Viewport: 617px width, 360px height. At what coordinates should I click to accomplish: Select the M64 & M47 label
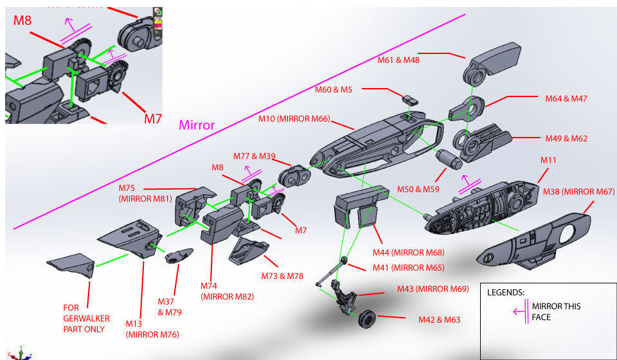566,98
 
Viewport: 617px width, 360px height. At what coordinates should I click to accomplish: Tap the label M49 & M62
566,138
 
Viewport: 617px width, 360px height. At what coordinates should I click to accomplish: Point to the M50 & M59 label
418,189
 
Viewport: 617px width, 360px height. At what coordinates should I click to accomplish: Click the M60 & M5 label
334,89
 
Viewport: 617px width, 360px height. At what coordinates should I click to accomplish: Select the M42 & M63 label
440,319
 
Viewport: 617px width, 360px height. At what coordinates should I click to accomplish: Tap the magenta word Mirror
197,125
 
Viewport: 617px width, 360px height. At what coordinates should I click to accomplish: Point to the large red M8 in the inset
22,20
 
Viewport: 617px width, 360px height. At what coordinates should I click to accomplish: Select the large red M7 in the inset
152,119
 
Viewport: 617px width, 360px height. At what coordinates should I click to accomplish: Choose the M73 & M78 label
282,276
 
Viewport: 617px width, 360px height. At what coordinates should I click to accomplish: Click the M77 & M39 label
255,156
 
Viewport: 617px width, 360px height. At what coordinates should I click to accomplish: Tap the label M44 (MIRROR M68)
409,253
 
